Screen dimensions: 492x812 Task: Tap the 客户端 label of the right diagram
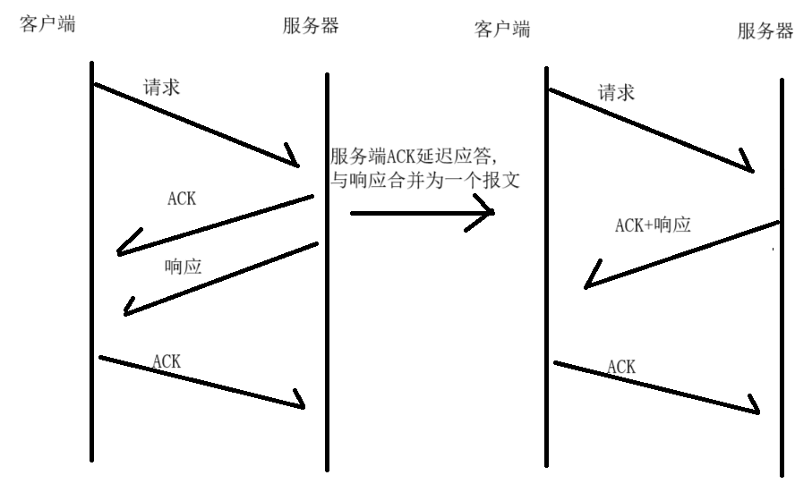tap(501, 29)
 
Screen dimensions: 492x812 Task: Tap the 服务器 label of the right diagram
tap(765, 31)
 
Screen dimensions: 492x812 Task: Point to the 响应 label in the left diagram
tap(183, 267)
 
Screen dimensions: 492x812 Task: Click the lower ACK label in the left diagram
tap(167, 361)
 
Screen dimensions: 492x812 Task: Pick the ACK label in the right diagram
tap(621, 367)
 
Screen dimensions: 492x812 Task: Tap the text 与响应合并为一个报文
tap(425, 179)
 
